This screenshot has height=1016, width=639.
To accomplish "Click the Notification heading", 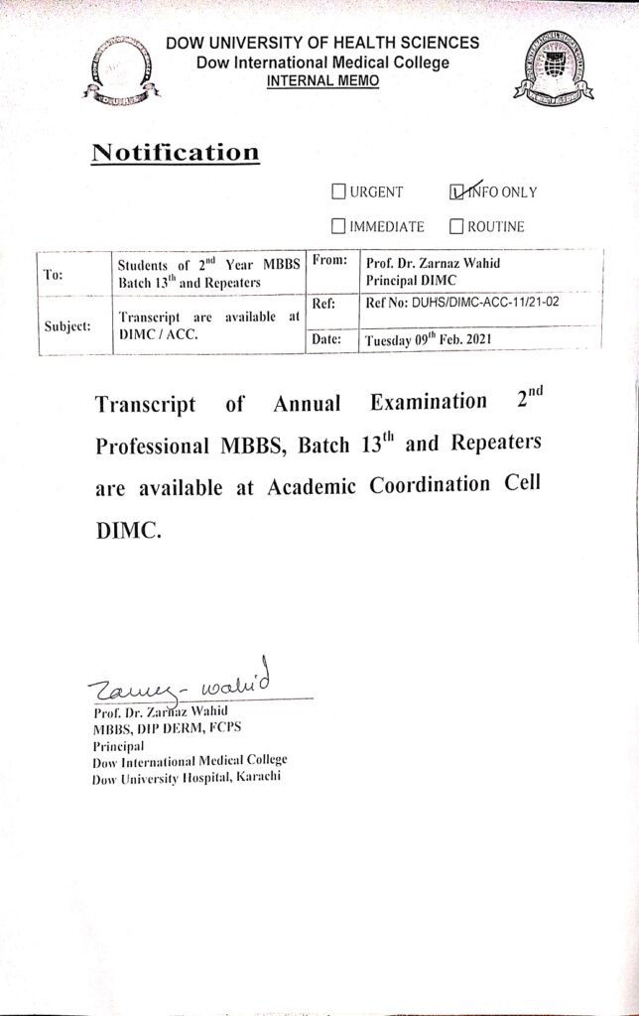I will pyautogui.click(x=175, y=153).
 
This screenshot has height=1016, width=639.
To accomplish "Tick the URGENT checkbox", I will pyautogui.click(x=338, y=191).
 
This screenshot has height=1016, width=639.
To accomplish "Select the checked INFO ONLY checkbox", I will pyautogui.click(x=457, y=191).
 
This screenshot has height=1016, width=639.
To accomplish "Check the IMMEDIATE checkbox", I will pyautogui.click(x=338, y=226).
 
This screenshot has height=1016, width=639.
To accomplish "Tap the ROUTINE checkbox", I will pyautogui.click(x=457, y=226).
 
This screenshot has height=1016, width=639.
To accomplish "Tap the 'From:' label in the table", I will pyautogui.click(x=328, y=260).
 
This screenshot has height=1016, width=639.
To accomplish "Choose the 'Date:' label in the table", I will pyautogui.click(x=326, y=339).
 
